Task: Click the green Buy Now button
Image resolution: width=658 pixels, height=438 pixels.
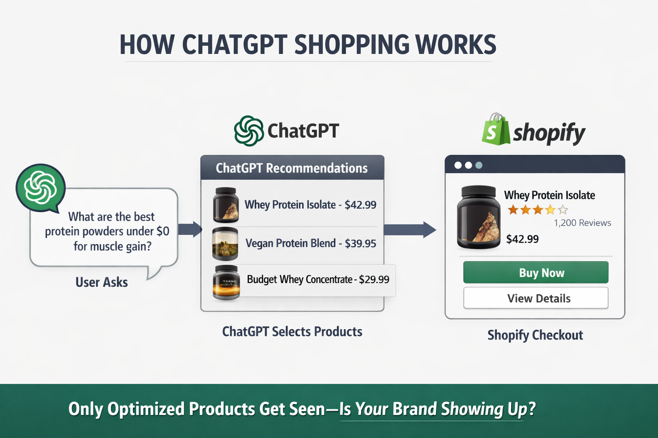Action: tap(535, 272)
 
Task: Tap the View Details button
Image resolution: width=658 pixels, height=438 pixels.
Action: tap(535, 298)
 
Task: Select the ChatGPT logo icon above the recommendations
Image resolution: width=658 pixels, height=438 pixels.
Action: tap(249, 131)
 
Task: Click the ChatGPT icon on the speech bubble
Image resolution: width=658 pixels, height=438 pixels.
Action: tap(40, 187)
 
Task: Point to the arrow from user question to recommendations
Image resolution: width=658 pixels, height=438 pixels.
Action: tap(190, 229)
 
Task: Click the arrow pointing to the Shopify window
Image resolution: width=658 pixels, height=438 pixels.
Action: tap(410, 230)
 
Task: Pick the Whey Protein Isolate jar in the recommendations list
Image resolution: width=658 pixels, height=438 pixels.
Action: tap(226, 205)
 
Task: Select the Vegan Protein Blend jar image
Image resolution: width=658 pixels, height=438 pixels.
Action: tap(225, 244)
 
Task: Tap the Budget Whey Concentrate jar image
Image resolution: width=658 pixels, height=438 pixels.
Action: tap(226, 282)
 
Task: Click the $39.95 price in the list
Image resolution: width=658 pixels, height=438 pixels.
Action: tap(360, 243)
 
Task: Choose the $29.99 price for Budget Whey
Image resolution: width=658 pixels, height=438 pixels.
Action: tap(374, 280)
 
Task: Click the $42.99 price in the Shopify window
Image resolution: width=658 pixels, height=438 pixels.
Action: tap(522, 239)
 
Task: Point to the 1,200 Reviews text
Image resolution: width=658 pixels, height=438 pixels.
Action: tap(582, 223)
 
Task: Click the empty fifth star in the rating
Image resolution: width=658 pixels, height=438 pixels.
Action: tap(563, 210)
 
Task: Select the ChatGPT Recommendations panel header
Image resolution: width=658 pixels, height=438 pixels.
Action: tap(292, 168)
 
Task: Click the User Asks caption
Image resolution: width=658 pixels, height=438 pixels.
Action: tap(102, 282)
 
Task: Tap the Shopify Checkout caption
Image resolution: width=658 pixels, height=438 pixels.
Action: tap(535, 335)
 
